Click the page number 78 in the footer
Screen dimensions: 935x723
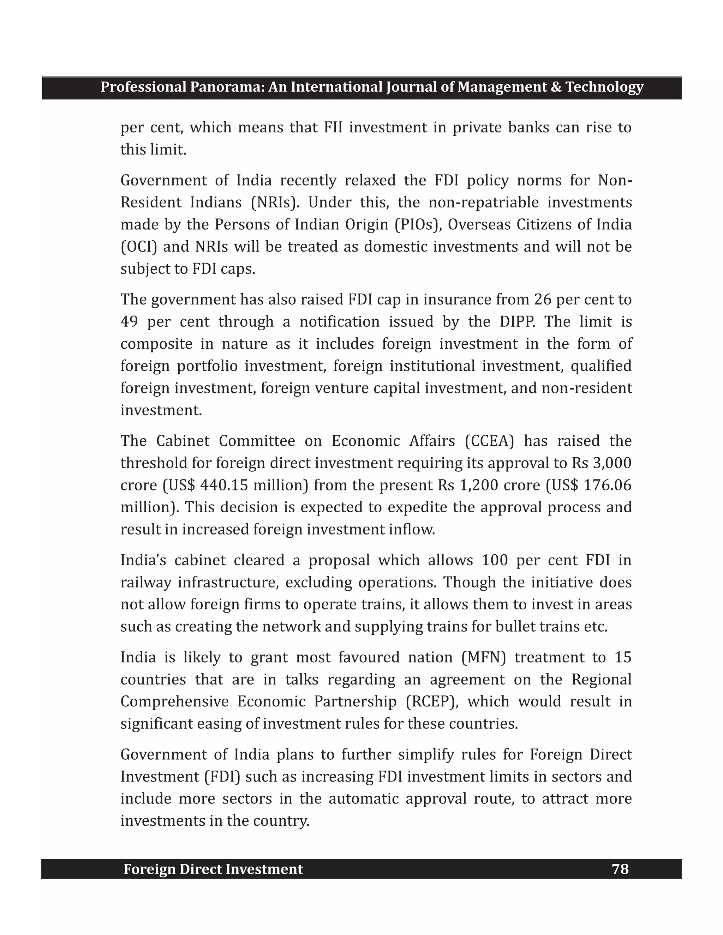click(x=620, y=869)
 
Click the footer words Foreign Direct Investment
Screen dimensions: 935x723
click(x=213, y=869)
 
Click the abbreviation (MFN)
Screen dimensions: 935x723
click(x=484, y=657)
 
